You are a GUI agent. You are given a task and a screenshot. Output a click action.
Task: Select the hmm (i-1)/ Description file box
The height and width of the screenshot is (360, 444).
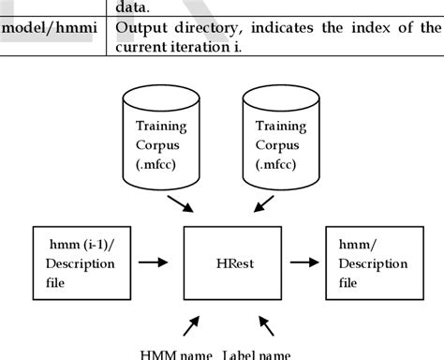click(x=74, y=263)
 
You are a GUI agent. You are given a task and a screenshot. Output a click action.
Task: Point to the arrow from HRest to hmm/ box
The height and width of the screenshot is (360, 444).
click(x=303, y=263)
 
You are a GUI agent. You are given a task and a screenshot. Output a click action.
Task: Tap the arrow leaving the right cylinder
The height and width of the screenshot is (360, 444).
click(x=265, y=202)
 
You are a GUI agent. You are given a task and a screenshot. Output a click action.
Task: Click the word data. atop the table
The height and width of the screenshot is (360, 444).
click(x=131, y=7)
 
